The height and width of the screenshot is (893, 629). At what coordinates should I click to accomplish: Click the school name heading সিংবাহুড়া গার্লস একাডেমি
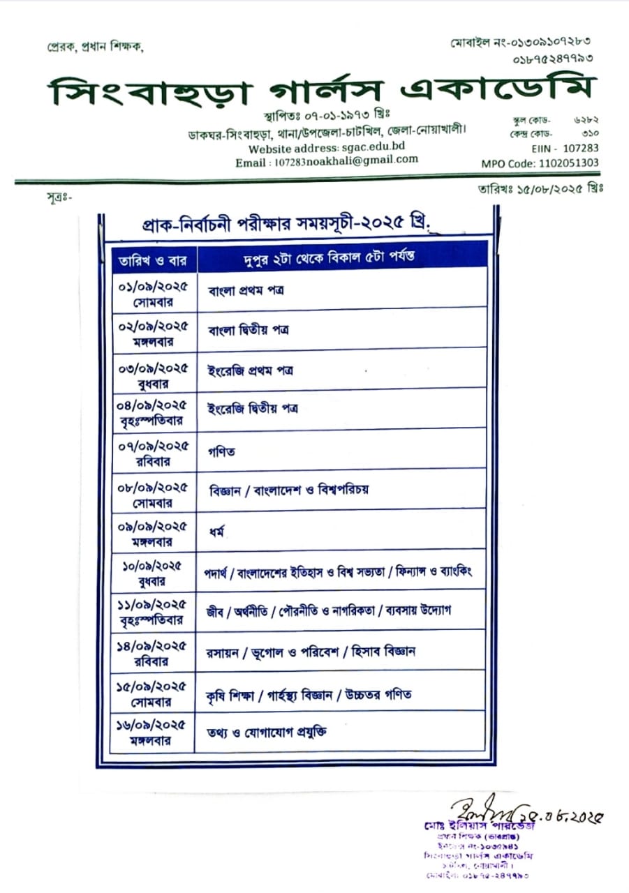[323, 92]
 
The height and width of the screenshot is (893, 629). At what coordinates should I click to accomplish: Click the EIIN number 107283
[580, 148]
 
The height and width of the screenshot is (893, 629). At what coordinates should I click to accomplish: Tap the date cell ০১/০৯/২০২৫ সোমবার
[153, 293]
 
